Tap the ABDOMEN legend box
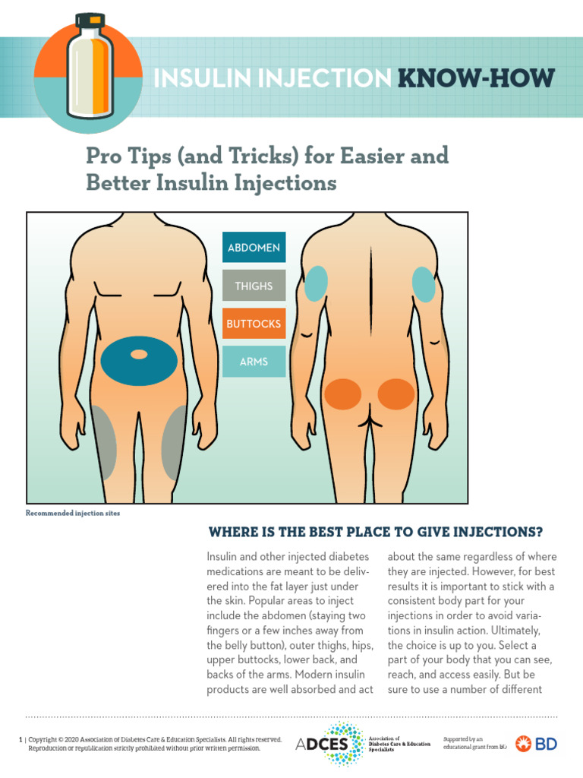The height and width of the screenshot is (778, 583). [254, 248]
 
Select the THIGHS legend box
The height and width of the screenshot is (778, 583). [254, 286]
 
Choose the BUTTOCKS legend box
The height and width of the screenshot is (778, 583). [254, 324]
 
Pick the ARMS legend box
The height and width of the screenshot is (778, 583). [254, 362]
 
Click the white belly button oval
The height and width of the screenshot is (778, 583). [139, 354]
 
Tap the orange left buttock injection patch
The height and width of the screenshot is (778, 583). [342, 394]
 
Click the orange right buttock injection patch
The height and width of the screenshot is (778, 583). [396, 394]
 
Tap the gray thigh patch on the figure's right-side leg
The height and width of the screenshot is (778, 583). [174, 438]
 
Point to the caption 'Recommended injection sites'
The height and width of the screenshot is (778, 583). [73, 514]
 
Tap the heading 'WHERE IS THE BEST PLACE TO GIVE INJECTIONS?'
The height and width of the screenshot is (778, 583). [376, 531]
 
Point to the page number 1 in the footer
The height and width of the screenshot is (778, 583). [20, 739]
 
